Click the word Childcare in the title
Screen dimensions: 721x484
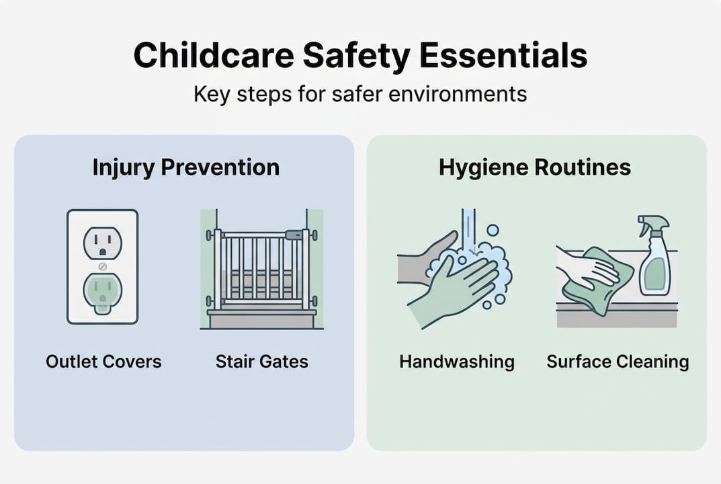tap(213, 55)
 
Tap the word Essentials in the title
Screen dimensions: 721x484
tap(503, 55)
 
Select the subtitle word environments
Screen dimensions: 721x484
tap(458, 94)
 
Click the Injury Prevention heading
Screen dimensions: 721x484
tap(185, 167)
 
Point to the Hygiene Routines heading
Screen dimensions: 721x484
tap(535, 167)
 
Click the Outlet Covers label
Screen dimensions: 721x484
tap(103, 362)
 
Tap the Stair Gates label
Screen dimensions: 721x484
tap(261, 362)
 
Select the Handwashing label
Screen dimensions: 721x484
tap(457, 362)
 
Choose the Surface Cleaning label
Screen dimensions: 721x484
tap(618, 362)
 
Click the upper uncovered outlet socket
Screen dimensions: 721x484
tap(103, 243)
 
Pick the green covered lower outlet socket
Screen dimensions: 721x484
tap(103, 294)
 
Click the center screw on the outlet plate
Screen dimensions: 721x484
tap(103, 266)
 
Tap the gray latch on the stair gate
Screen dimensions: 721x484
tap(294, 235)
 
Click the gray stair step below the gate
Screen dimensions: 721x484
tap(262, 319)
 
